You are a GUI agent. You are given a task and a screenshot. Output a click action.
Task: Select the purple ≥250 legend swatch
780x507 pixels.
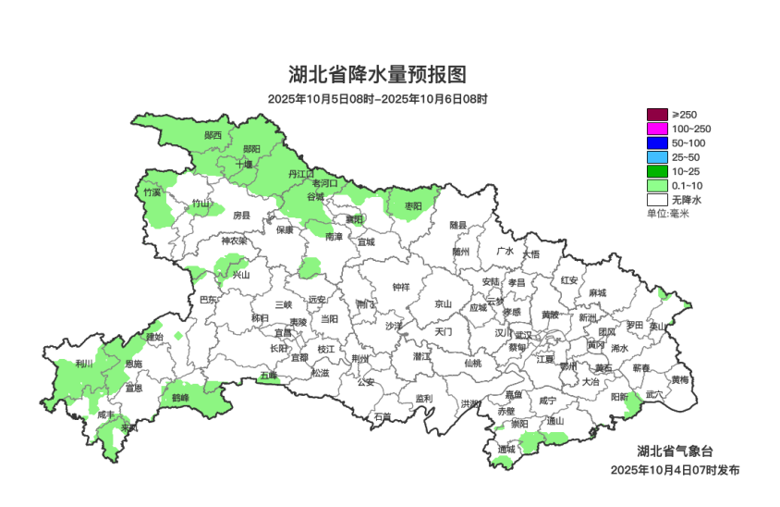(656, 114)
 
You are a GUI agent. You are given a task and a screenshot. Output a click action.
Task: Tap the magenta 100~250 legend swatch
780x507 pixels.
(656, 128)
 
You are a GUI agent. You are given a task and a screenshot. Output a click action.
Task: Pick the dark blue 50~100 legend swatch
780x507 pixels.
(656, 142)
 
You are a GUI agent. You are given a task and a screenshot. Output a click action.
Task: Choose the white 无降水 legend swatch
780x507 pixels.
(656, 199)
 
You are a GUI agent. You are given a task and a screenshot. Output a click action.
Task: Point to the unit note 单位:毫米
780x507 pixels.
(668, 214)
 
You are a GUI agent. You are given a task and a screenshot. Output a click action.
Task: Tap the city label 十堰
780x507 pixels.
(243, 164)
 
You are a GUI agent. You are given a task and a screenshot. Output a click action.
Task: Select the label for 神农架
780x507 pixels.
(233, 241)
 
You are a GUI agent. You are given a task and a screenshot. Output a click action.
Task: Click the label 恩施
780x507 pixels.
(133, 364)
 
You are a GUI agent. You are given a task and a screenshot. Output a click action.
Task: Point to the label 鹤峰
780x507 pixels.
(180, 397)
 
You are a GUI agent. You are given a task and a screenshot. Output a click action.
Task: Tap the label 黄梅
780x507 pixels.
(679, 379)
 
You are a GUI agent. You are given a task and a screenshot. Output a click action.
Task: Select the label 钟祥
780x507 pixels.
(399, 287)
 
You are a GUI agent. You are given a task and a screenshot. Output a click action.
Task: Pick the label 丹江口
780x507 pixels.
(301, 173)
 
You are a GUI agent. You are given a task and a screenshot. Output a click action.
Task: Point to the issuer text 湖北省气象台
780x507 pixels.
(681, 451)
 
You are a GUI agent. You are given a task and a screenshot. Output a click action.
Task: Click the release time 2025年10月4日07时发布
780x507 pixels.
(675, 470)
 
